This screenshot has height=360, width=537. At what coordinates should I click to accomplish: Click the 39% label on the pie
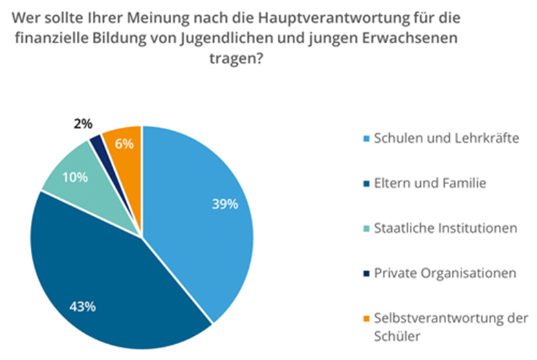point(225,205)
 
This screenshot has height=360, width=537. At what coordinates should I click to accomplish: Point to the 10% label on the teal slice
point(75,177)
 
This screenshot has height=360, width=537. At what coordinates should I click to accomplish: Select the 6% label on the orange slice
point(124,144)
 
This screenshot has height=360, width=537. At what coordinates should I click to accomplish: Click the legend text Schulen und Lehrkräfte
point(446,139)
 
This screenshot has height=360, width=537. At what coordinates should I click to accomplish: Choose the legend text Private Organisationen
point(444,273)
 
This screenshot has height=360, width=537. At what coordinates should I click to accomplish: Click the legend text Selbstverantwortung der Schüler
point(450,326)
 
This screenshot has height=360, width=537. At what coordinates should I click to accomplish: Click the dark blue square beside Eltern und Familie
point(364,183)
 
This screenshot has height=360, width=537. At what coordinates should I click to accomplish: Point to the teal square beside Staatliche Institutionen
point(364,228)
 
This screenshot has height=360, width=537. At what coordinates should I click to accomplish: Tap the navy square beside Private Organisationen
point(364,273)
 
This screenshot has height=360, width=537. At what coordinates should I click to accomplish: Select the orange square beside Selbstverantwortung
point(364,318)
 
